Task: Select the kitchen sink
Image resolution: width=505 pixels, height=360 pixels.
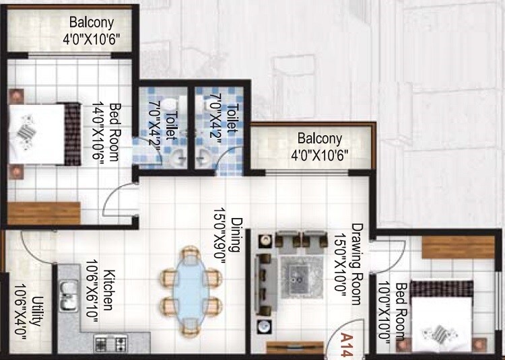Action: tap(68, 297)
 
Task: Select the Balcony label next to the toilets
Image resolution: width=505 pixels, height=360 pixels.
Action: tap(320, 146)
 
